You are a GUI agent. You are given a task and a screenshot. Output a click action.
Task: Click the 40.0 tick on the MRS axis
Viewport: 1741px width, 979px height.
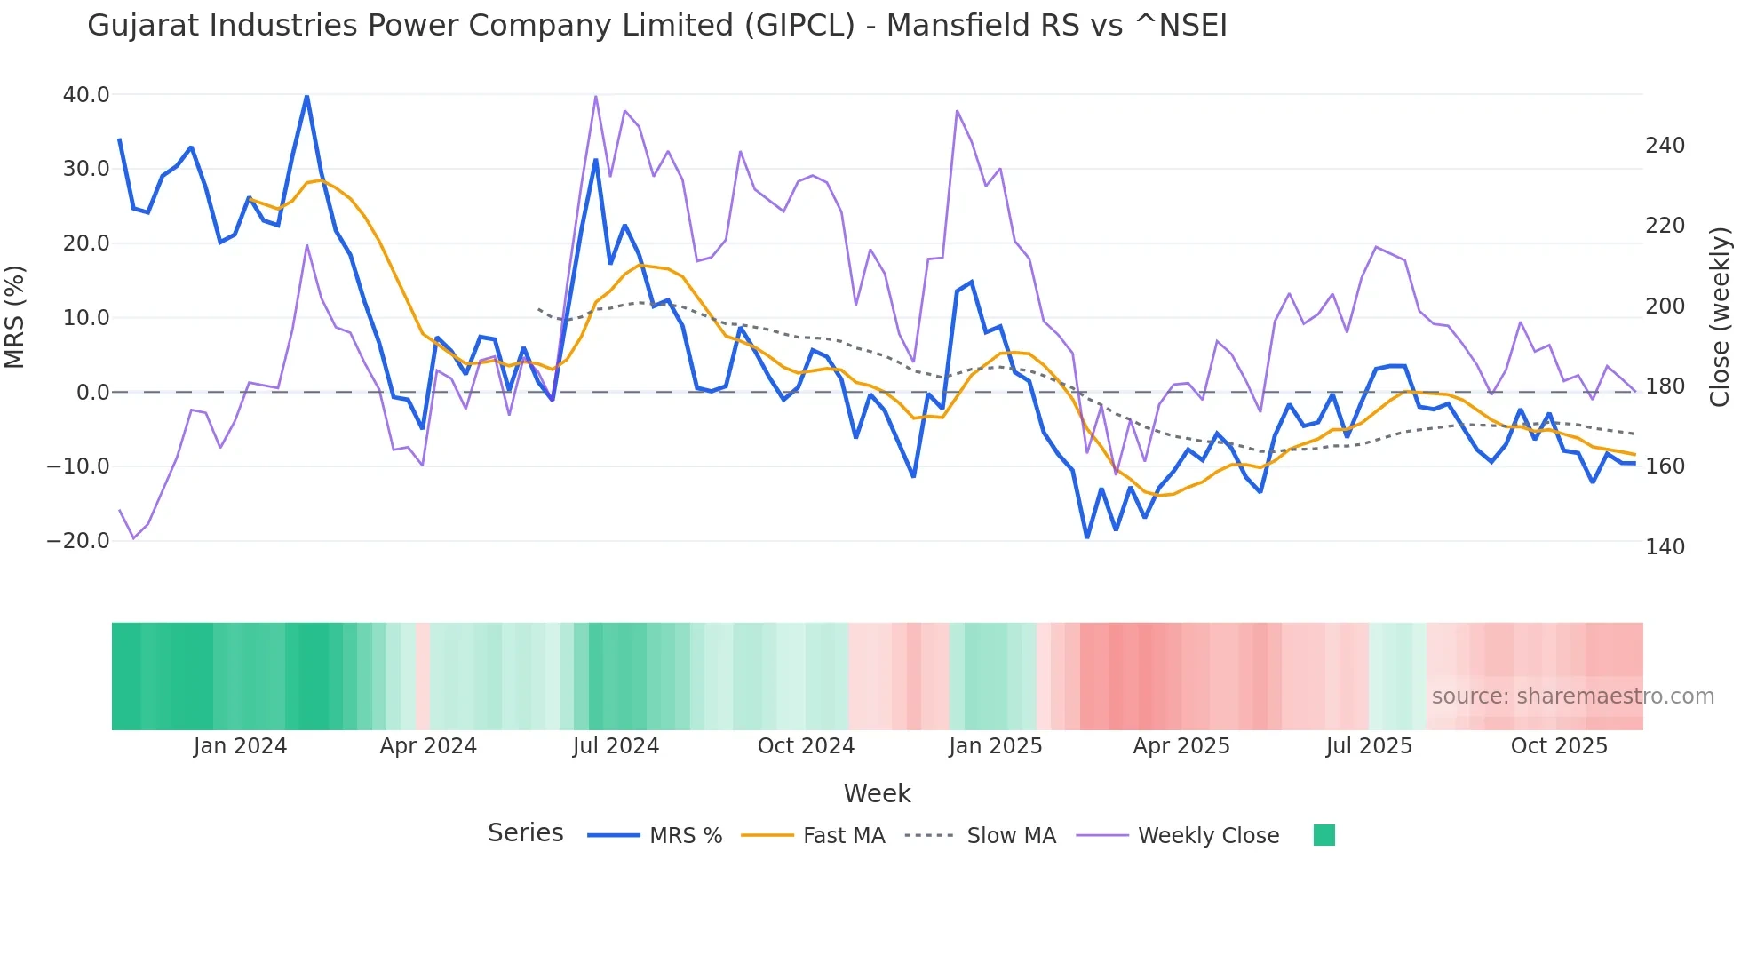click(86, 94)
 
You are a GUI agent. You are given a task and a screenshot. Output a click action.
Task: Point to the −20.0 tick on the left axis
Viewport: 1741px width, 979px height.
click(78, 540)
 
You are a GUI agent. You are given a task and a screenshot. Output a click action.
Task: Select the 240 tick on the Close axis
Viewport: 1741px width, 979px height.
click(1665, 146)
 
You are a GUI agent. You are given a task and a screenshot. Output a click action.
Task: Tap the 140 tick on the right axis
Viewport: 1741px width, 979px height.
click(1665, 546)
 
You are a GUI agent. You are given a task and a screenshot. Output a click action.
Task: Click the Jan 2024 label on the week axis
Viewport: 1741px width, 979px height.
click(240, 746)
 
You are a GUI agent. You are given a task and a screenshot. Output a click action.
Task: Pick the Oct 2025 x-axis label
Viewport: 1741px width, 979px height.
click(1559, 746)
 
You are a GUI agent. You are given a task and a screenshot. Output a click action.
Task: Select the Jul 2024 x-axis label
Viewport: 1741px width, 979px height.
click(616, 746)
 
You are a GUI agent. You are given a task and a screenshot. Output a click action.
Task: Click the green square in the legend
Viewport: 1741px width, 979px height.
click(1324, 835)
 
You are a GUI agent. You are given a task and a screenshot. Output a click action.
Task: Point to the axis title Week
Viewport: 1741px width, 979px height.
click(877, 793)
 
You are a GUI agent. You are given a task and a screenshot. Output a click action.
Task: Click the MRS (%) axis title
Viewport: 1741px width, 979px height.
click(15, 316)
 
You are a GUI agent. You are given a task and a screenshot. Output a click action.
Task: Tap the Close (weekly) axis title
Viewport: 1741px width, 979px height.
click(1721, 316)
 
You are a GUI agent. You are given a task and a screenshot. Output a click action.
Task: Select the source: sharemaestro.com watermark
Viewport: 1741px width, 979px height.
click(1572, 696)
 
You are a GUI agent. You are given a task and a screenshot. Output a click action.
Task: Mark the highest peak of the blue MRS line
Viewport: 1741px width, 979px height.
click(306, 96)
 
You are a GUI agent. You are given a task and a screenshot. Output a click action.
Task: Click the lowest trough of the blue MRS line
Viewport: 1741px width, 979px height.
click(1086, 537)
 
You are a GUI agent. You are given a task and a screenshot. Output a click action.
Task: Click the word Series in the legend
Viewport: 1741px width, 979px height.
click(525, 833)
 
